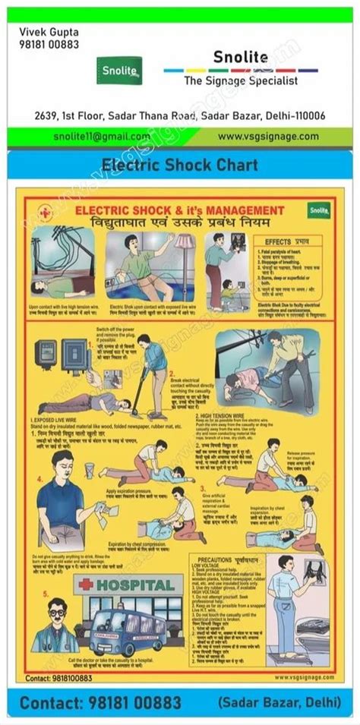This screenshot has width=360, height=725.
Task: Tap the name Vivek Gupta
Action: click(47, 31)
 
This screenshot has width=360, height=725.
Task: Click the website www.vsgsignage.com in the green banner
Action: click(268, 136)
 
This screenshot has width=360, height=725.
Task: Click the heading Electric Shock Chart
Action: click(179, 164)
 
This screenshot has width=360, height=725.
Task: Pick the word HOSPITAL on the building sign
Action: click(141, 585)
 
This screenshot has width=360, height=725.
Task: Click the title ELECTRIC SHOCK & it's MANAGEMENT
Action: click(169, 210)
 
